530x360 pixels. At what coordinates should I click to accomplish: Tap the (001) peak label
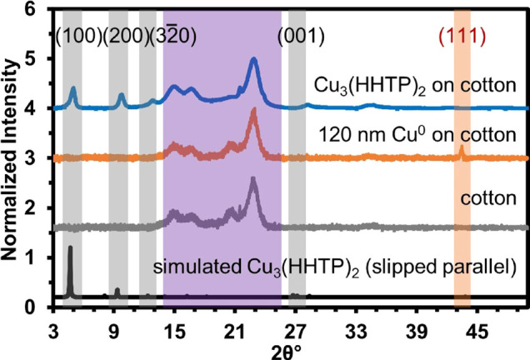coord(301,36)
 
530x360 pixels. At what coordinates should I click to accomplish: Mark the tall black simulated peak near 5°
coord(70,247)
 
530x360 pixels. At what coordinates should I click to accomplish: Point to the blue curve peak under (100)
coord(73,88)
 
